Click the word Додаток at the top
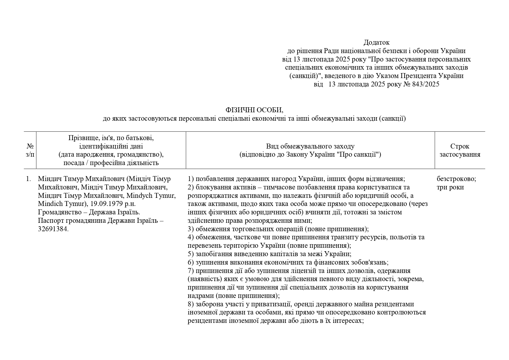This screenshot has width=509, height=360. (376, 43)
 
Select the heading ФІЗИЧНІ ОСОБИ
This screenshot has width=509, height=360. (254, 110)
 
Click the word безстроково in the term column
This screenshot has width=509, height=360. (456, 179)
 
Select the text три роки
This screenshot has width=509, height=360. (450, 187)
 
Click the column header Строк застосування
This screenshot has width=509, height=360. (460, 150)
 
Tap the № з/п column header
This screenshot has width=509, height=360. (30, 150)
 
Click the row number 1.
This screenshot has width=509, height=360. (28, 179)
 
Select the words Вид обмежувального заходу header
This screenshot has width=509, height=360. (310, 146)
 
